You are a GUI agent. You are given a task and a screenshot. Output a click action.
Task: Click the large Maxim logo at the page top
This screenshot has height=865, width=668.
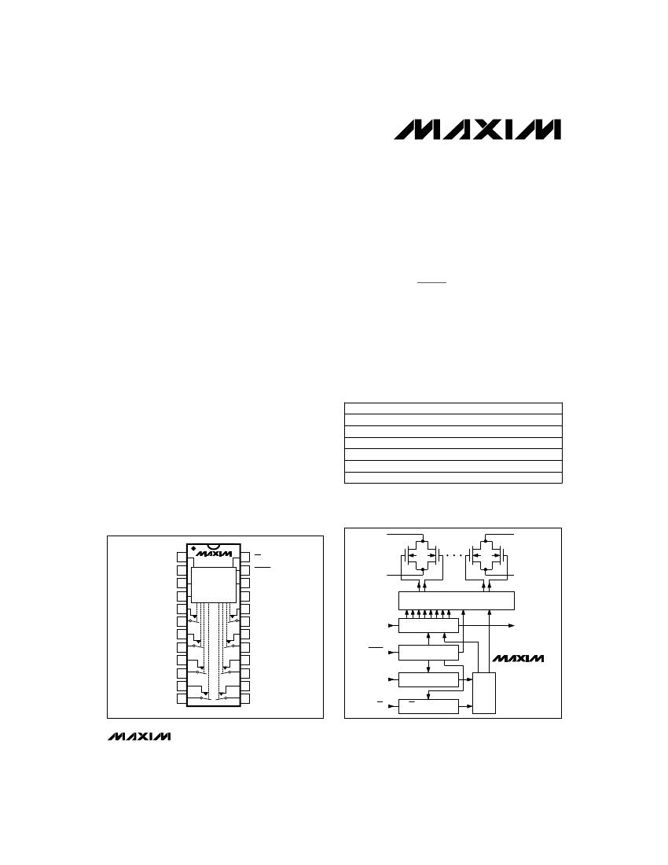coord(478,130)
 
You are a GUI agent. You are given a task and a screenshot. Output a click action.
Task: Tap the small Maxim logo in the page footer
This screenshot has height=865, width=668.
coord(138,737)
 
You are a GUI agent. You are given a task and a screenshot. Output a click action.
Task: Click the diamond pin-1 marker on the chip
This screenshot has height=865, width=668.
coord(193,547)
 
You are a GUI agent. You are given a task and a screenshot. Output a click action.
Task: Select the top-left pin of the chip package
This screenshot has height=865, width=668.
coord(182,558)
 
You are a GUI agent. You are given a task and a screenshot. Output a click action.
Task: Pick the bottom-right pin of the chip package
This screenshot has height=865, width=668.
coord(245,698)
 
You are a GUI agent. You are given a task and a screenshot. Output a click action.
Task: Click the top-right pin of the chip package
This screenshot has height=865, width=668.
coord(245,558)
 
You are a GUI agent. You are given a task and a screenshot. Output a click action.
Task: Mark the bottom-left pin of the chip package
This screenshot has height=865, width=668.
coord(182,698)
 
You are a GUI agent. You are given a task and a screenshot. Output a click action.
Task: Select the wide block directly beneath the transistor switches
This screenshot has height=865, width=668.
coord(457,600)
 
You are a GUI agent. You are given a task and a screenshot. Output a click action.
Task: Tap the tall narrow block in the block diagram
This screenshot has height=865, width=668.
coord(484,692)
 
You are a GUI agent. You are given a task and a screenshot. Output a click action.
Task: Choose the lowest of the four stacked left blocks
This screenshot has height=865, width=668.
coord(428,705)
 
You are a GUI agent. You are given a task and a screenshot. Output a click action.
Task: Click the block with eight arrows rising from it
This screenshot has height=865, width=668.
coord(428,625)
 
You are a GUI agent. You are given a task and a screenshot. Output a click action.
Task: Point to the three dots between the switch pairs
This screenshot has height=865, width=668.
coord(457,555)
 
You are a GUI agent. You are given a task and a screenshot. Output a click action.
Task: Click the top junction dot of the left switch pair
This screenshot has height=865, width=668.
coord(424,540)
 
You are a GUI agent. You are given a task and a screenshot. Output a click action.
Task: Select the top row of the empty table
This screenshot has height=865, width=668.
coord(453,407)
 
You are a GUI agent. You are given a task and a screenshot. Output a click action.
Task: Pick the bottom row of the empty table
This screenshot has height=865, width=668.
coord(453,477)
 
